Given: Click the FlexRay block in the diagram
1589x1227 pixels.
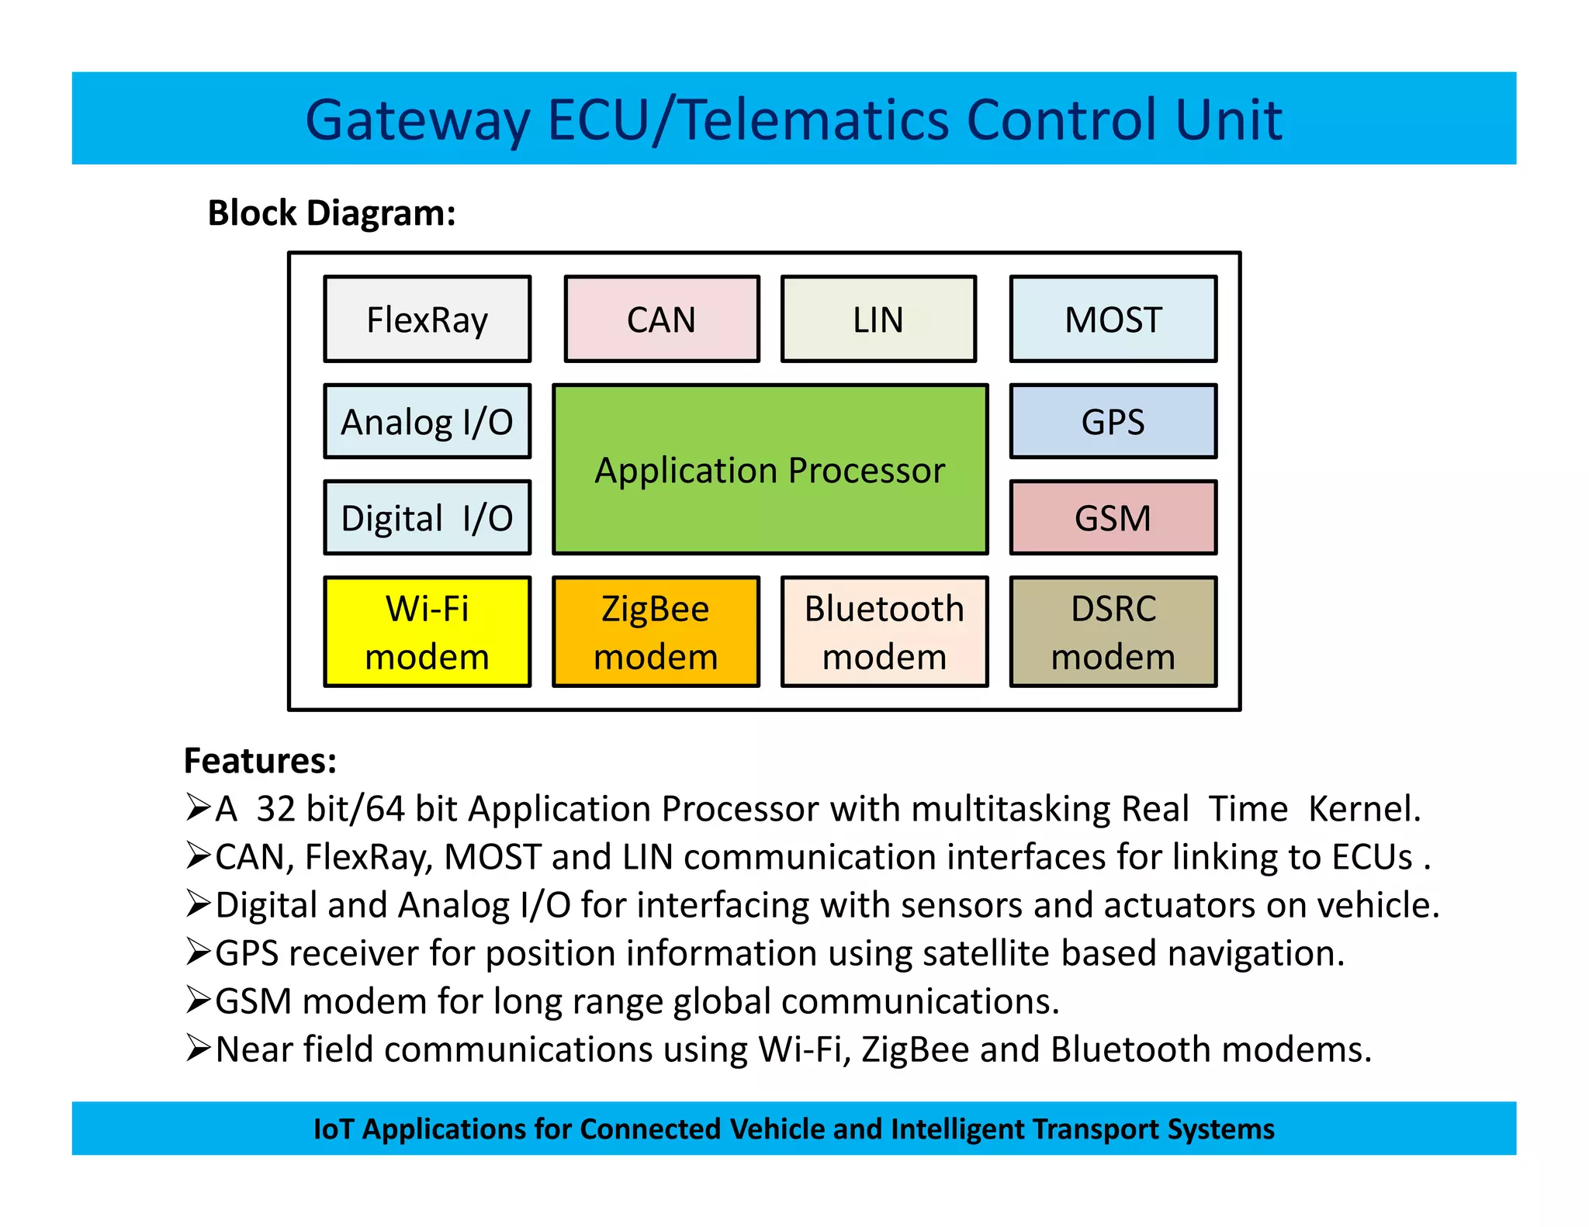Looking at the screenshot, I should (x=427, y=319).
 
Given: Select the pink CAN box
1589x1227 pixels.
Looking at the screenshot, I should (x=661, y=319).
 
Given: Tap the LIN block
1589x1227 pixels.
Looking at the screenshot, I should (x=878, y=319).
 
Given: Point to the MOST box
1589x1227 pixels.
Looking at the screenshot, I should (x=1113, y=319).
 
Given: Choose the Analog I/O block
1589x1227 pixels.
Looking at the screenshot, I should (x=427, y=421).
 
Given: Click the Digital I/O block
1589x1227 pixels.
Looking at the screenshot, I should (x=427, y=517).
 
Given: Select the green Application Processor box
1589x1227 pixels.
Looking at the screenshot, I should (x=770, y=469).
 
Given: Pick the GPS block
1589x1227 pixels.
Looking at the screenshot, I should (x=1113, y=421).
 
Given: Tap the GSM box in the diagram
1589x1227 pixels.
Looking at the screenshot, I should (x=1113, y=517).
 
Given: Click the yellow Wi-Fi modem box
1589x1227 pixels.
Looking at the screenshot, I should (x=427, y=631).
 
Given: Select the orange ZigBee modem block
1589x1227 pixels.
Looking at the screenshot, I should (x=656, y=631).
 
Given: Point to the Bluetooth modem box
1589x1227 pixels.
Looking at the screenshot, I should (x=885, y=631).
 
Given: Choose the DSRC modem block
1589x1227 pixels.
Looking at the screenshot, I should (x=1113, y=631).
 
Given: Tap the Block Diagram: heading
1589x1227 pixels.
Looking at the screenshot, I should (x=331, y=213).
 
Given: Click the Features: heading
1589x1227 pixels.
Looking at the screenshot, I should (x=260, y=760).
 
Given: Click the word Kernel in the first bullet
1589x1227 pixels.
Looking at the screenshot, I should (x=1364, y=808).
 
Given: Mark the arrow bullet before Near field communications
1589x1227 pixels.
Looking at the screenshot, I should (x=198, y=1048).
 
